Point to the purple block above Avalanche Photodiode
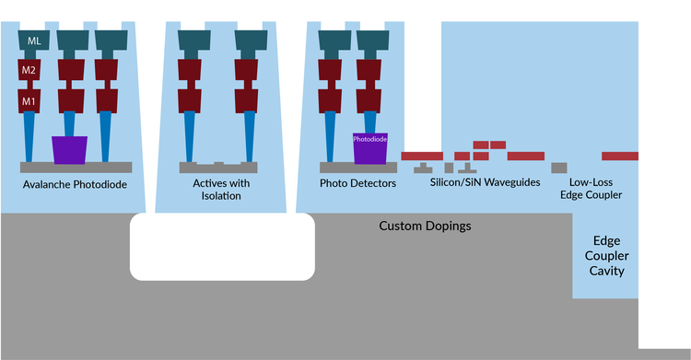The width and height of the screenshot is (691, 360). click(70, 150)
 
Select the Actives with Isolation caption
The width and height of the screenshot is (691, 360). click(221, 190)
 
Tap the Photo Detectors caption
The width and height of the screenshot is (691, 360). click(357, 183)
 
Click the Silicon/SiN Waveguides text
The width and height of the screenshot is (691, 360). click(485, 183)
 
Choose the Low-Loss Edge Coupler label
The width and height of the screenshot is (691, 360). click(591, 189)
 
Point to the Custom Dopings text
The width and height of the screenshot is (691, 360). click(425, 226)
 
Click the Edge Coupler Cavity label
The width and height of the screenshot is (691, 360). click(605, 255)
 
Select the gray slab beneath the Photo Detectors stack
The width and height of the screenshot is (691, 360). click(357, 168)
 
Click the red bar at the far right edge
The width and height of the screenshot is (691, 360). click(620, 156)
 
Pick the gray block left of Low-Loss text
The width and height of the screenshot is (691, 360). click(558, 168)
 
